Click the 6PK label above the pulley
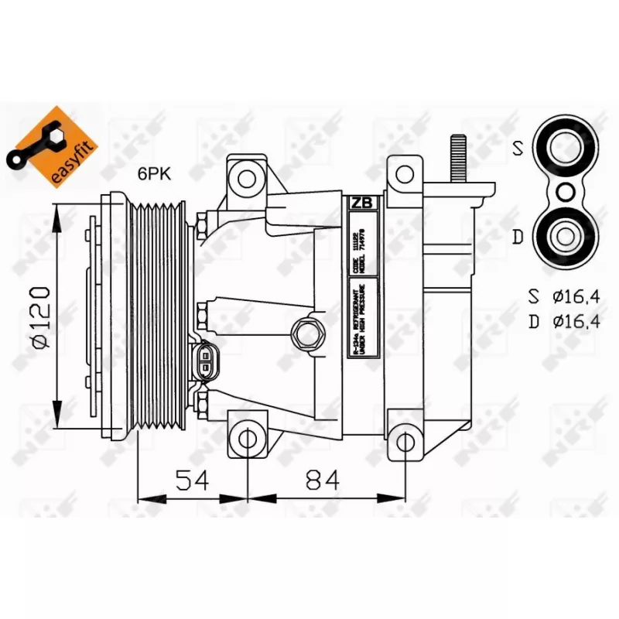point(154,175)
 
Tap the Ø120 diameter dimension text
point(42,317)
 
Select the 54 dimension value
point(191,481)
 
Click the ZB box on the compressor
point(361,203)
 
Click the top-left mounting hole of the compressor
point(247,179)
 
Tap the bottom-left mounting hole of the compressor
point(247,439)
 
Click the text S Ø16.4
point(558,296)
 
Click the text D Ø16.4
point(558,321)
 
